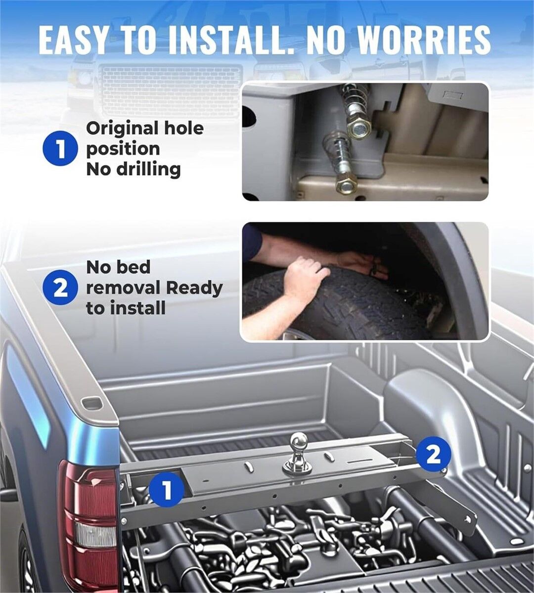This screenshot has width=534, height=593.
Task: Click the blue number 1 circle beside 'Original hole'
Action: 60,148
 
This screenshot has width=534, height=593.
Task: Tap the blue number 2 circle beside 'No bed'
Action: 60,288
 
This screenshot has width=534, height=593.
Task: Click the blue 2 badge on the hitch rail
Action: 433,456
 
